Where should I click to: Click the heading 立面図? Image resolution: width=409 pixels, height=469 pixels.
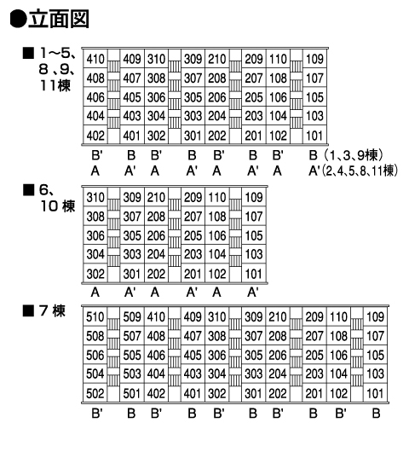pos(59,19)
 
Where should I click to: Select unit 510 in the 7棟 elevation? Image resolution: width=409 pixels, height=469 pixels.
pos(95,317)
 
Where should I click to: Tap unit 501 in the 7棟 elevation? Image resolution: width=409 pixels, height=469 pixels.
pos(131,394)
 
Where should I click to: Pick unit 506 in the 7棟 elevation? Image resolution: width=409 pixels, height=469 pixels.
pos(95,356)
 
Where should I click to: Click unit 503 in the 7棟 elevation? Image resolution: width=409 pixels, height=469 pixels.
pos(132,373)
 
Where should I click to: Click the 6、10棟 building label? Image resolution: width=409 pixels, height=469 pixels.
pos(57,198)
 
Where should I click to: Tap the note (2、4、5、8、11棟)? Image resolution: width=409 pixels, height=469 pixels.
pos(360,171)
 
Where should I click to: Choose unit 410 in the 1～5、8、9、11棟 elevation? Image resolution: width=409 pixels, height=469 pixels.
pos(95,59)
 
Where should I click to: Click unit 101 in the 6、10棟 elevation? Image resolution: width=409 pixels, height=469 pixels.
pos(254,274)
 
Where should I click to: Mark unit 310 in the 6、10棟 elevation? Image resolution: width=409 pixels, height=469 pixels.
pos(95,198)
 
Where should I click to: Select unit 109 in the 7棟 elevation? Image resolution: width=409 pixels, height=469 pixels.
pos(375,317)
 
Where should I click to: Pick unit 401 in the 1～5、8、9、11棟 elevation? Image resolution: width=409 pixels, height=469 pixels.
pos(131,136)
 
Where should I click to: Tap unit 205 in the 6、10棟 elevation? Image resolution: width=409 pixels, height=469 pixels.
pos(193,235)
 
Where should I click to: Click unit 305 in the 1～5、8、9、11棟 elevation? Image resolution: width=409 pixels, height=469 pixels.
pos(193,97)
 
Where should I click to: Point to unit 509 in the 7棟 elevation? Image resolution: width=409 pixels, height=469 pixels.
pos(132,317)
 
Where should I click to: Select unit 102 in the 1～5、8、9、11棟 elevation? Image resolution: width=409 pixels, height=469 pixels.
pos(278,136)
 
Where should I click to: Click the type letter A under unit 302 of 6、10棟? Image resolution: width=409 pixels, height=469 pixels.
pos(95,292)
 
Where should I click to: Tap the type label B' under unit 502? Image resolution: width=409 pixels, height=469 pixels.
pos(97,414)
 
